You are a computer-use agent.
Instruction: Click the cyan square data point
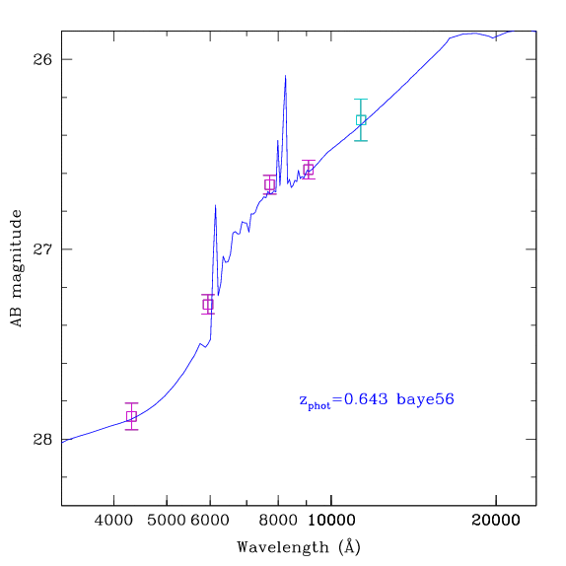click(361, 120)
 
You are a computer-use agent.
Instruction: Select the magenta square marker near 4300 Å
click(131, 416)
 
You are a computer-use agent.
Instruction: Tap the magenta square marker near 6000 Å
click(208, 305)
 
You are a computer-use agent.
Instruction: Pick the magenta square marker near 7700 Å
click(269, 184)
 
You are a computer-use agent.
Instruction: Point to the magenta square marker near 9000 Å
click(309, 170)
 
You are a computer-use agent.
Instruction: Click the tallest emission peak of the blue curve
click(286, 76)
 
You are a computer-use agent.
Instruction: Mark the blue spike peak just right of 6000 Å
click(216, 205)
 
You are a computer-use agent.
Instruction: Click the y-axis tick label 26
click(42, 59)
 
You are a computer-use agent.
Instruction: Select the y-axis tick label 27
click(42, 249)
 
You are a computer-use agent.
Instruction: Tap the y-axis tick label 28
click(42, 440)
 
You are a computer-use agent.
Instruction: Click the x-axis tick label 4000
click(113, 521)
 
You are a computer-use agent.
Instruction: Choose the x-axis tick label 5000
click(167, 521)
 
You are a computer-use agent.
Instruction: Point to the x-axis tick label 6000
click(210, 521)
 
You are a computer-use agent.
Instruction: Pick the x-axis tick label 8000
click(278, 521)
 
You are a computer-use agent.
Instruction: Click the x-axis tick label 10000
click(331, 521)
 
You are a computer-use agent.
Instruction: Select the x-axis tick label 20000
click(496, 521)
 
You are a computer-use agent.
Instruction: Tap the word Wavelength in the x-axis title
click(283, 547)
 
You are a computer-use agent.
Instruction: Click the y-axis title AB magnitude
click(16, 268)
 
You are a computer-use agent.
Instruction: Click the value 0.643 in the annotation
click(366, 399)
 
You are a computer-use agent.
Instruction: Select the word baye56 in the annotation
click(425, 400)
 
